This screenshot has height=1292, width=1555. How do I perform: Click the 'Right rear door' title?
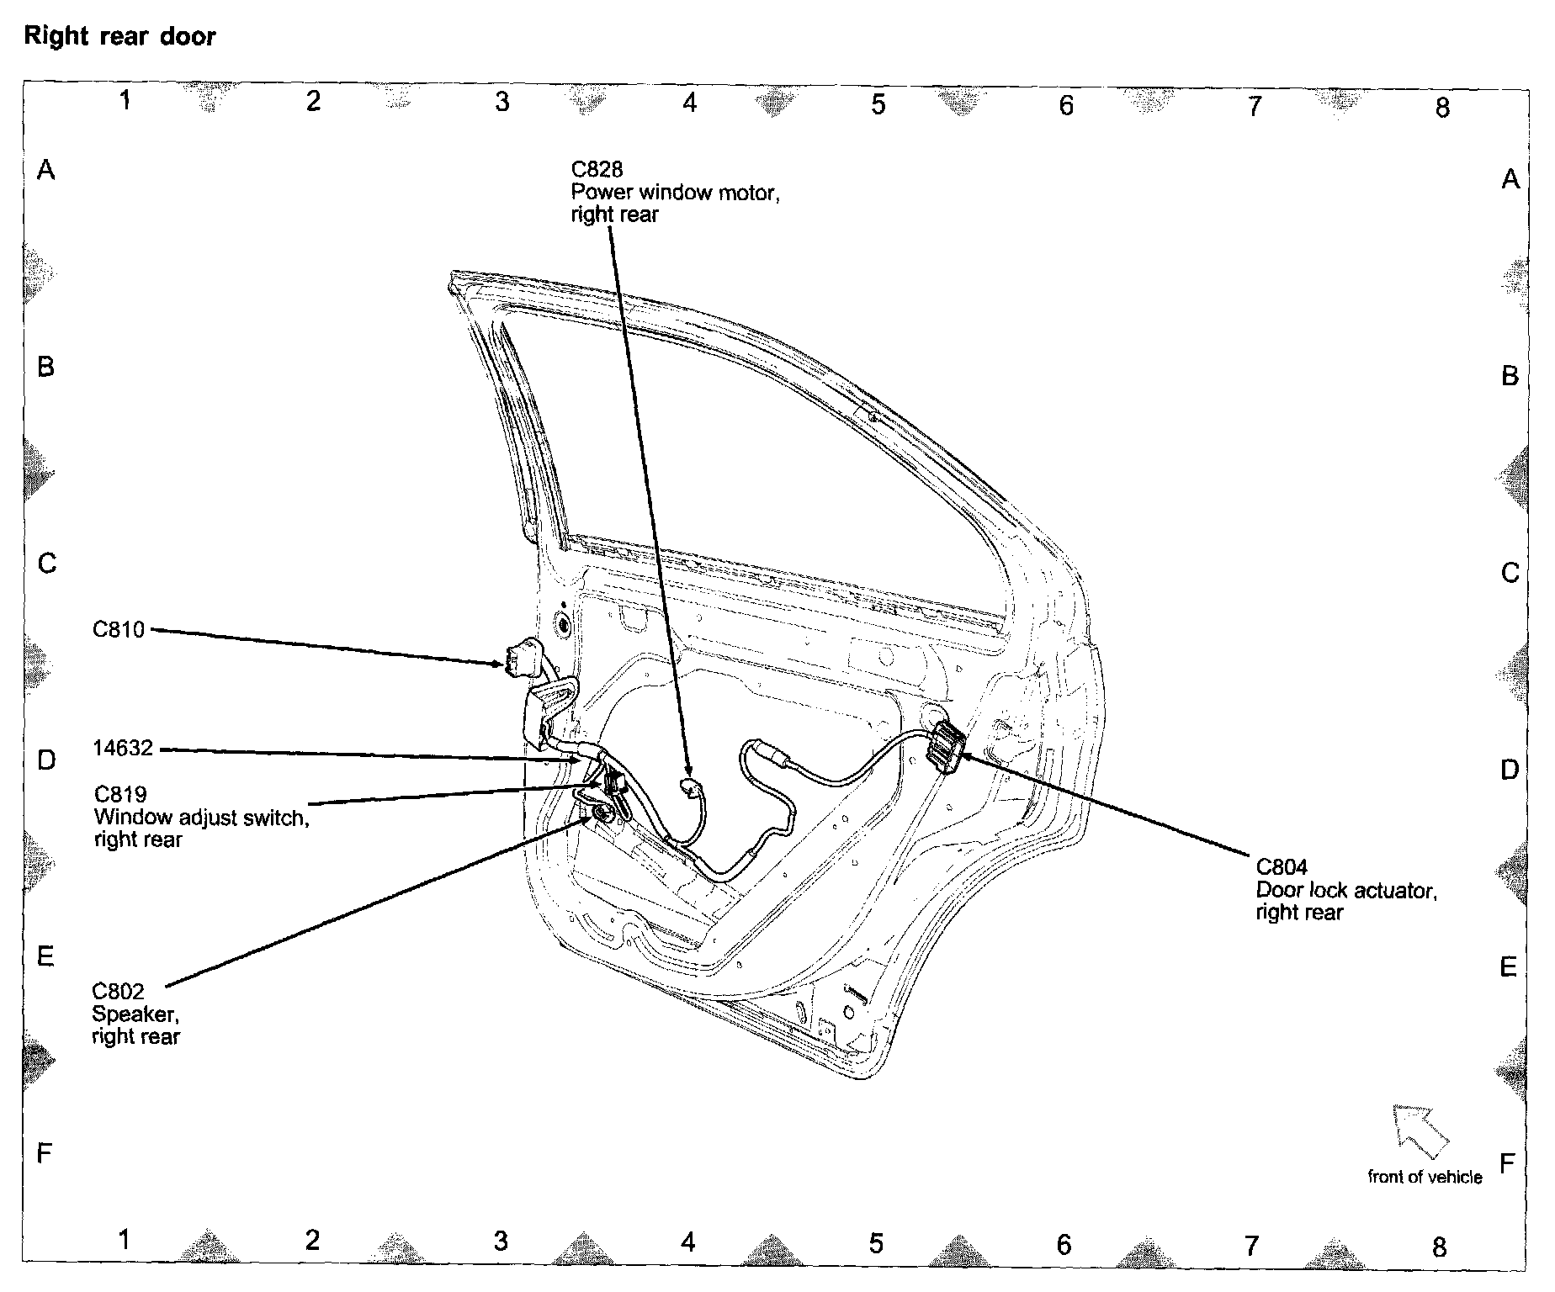tap(119, 37)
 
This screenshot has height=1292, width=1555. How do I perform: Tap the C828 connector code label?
tap(597, 171)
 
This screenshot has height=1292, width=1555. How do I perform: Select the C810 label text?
tap(119, 629)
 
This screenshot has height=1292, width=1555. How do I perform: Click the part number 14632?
tap(123, 748)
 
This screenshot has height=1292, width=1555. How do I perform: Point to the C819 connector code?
tap(120, 794)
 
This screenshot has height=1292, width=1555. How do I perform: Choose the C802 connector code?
tap(119, 992)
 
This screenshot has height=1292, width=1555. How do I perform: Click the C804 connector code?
tap(1282, 866)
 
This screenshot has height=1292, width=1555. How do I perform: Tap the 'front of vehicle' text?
tap(1425, 1177)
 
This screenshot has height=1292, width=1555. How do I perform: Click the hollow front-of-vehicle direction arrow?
tap(1420, 1129)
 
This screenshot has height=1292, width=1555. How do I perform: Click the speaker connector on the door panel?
tap(602, 813)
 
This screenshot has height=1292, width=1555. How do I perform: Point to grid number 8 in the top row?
tap(1442, 107)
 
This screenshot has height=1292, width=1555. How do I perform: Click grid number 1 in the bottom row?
tap(124, 1239)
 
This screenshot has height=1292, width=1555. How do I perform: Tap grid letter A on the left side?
tap(46, 171)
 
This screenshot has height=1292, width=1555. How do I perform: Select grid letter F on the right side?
tap(1507, 1163)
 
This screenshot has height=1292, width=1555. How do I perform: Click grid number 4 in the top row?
tap(690, 103)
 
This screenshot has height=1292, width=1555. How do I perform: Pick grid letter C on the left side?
tap(47, 563)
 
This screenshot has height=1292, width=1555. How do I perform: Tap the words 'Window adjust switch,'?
tap(202, 817)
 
